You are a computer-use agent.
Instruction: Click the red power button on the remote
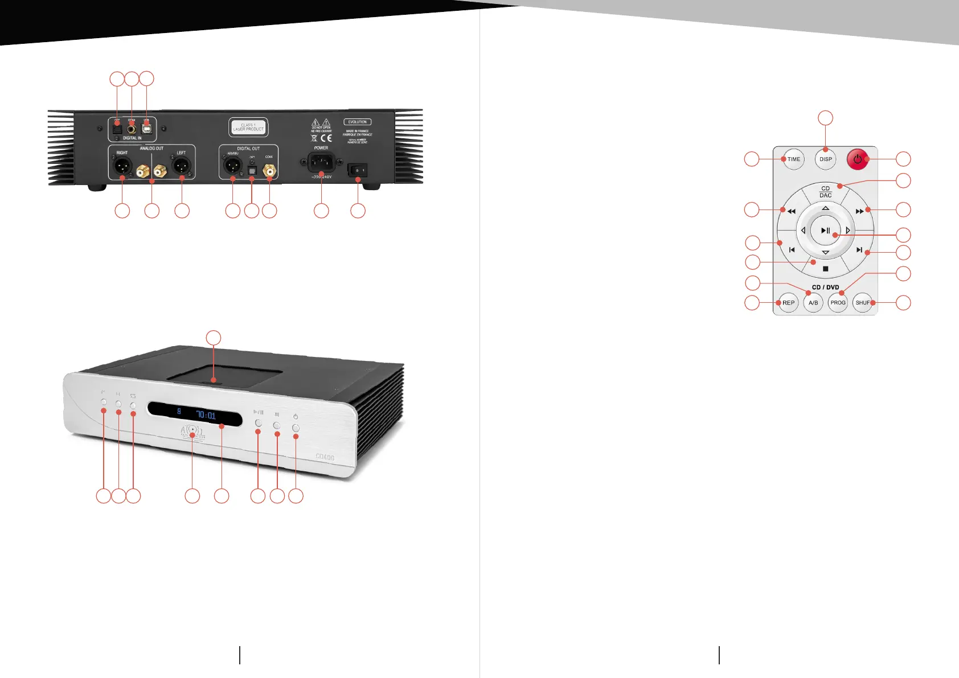click(x=858, y=159)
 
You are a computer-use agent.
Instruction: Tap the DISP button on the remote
click(x=826, y=159)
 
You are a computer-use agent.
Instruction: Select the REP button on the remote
click(x=788, y=303)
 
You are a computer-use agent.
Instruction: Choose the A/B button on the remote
click(x=813, y=303)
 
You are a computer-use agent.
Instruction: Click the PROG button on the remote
click(x=838, y=303)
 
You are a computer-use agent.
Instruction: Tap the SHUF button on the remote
click(x=863, y=303)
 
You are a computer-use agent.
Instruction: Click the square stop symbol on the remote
click(x=825, y=269)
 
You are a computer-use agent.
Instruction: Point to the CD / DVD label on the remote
click(x=825, y=287)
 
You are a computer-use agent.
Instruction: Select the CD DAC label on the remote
click(x=825, y=192)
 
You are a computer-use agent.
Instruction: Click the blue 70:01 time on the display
click(x=206, y=415)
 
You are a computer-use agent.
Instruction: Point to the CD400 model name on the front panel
click(x=325, y=457)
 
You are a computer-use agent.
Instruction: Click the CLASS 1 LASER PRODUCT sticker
click(x=248, y=127)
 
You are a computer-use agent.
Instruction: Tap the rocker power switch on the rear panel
click(x=358, y=170)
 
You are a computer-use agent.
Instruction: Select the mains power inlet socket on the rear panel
click(x=321, y=163)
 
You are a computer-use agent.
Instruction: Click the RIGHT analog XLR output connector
click(x=122, y=166)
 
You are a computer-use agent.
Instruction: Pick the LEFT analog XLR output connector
click(x=181, y=166)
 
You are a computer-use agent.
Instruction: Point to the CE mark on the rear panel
click(x=326, y=138)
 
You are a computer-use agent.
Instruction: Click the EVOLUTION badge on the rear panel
click(x=357, y=122)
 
